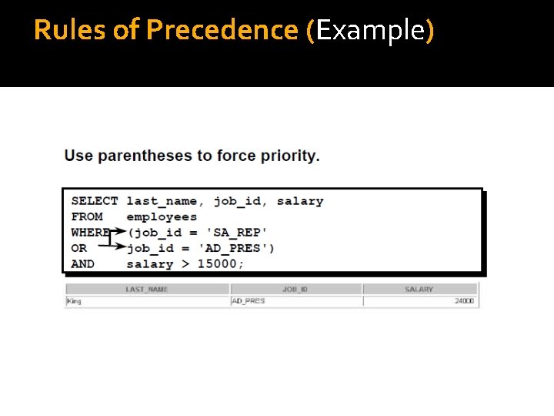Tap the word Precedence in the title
click(x=222, y=30)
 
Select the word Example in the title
click(x=370, y=30)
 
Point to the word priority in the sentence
click(x=287, y=156)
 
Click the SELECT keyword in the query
click(x=95, y=201)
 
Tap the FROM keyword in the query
click(x=87, y=216)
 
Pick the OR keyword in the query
click(x=79, y=248)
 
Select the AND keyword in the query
click(x=83, y=263)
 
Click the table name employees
click(x=162, y=216)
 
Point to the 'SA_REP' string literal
click(x=237, y=232)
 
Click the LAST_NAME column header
click(x=146, y=290)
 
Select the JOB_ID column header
click(x=295, y=290)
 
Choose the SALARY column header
click(x=419, y=290)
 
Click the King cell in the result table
click(x=74, y=301)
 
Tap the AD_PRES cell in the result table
click(x=248, y=301)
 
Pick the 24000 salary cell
click(x=464, y=301)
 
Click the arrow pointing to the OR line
click(x=116, y=248)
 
